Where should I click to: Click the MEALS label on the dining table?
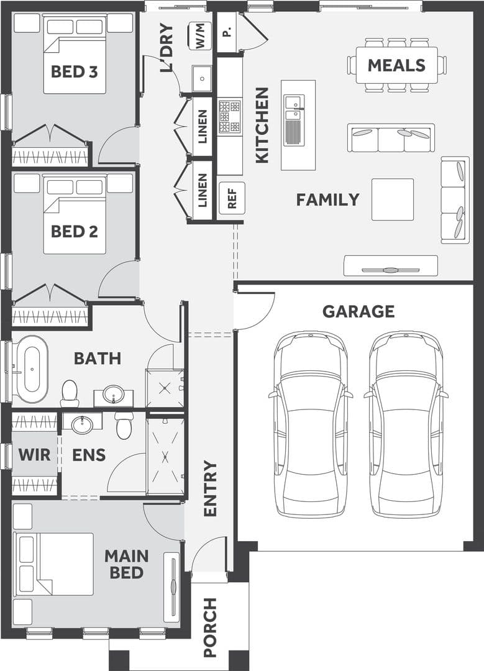(396, 65)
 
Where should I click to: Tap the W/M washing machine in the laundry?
(200, 36)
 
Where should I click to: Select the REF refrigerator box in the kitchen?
(232, 198)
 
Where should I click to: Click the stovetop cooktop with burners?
(230, 116)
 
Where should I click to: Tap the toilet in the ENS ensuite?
(124, 426)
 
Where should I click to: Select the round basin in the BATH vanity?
(114, 394)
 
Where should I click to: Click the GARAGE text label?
(358, 311)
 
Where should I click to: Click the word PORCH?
(210, 628)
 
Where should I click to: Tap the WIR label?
(34, 455)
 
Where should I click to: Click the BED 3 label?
(75, 71)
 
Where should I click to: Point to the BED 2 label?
(75, 232)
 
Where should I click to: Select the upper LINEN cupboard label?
(203, 127)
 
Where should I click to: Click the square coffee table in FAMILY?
(393, 199)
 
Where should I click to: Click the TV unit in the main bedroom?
(173, 585)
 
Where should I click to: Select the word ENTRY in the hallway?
(210, 488)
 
